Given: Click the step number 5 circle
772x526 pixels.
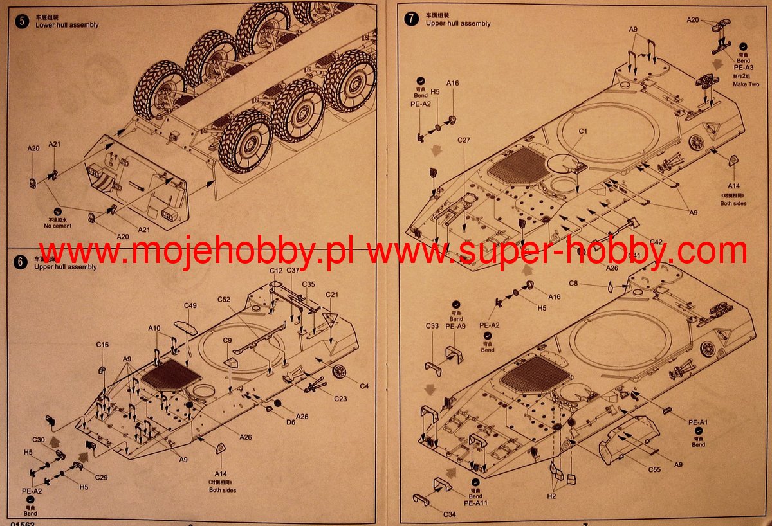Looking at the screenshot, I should (x=23, y=21).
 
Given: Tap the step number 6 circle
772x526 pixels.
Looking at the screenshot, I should (x=21, y=262).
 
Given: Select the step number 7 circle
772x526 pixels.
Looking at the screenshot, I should (x=411, y=19).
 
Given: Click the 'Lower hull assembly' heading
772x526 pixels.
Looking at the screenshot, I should (x=67, y=25).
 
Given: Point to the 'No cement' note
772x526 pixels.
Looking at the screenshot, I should (x=58, y=226).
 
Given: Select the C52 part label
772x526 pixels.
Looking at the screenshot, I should (x=224, y=300).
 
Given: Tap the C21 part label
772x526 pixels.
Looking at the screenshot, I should (x=332, y=295).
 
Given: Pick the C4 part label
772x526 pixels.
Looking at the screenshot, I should (x=364, y=386).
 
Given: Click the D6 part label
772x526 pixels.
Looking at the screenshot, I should (x=291, y=422).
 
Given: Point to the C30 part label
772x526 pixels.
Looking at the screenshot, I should (x=39, y=440).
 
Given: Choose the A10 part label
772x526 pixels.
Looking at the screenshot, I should (x=154, y=328).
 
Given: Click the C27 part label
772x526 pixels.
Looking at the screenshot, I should (x=464, y=140).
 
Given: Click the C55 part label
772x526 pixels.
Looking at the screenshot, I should (x=654, y=469).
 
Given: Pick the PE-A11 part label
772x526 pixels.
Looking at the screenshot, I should (x=475, y=503).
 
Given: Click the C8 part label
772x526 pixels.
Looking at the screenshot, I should (x=574, y=283).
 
